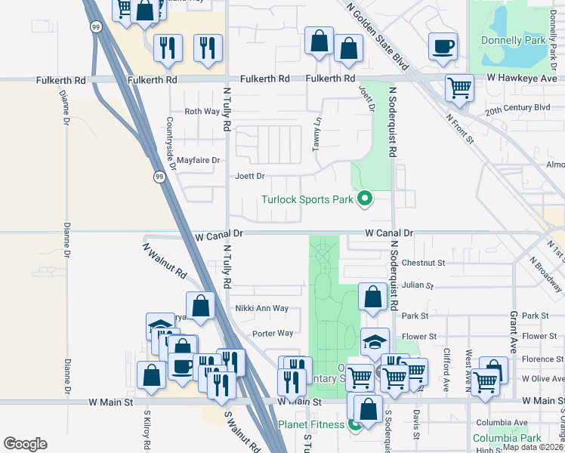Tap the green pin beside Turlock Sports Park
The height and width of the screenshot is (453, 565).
pos(365,199)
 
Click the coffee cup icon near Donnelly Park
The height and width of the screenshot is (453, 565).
pos(443,47)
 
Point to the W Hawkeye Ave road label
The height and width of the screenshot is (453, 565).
pos(521,79)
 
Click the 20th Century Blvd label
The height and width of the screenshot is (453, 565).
pos(517,108)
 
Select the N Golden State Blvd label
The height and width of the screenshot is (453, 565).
pos(378,35)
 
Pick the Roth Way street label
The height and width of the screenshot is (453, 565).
pos(202,111)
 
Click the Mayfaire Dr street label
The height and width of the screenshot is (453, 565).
pos(197,160)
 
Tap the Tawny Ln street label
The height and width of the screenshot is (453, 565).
pos(317,134)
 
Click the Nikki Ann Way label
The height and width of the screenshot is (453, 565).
pos(261,308)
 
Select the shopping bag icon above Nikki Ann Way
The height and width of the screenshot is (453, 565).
pos(200,306)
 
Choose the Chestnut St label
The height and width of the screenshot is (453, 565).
pos(424,263)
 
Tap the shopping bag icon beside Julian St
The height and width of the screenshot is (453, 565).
pos(372,296)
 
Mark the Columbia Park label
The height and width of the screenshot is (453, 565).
pos(506,438)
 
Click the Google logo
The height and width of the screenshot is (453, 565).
pos(25,444)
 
